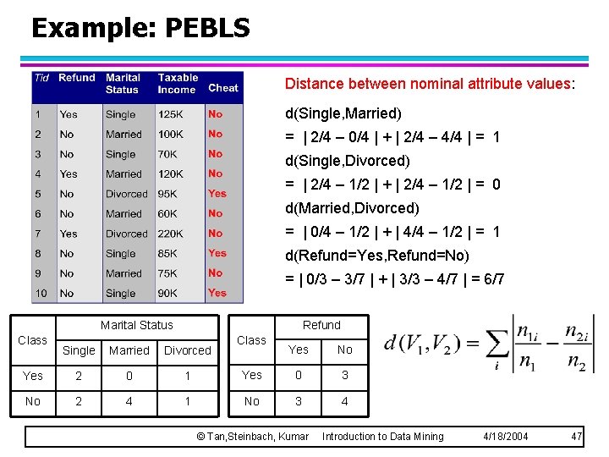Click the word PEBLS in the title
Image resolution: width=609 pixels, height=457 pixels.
(x=207, y=28)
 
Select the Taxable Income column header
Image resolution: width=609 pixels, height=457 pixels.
(x=177, y=83)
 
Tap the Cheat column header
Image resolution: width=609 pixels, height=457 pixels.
(x=223, y=87)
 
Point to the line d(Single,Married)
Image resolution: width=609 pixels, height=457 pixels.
(x=343, y=113)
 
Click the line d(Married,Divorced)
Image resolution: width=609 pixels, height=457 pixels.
(x=352, y=208)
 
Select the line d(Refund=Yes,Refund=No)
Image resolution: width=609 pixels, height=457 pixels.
(x=376, y=256)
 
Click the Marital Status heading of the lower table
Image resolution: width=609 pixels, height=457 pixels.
(x=136, y=325)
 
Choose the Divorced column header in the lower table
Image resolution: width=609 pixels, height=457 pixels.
(x=188, y=350)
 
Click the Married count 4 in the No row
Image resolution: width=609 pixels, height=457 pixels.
(x=129, y=401)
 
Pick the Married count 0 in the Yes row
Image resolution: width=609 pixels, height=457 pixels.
(x=129, y=376)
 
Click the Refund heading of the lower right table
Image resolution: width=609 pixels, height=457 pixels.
(x=321, y=325)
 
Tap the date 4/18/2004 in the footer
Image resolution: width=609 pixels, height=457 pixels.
(x=505, y=436)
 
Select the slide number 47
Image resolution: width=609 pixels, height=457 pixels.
(x=577, y=436)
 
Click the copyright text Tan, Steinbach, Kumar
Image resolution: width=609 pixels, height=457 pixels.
(x=252, y=436)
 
